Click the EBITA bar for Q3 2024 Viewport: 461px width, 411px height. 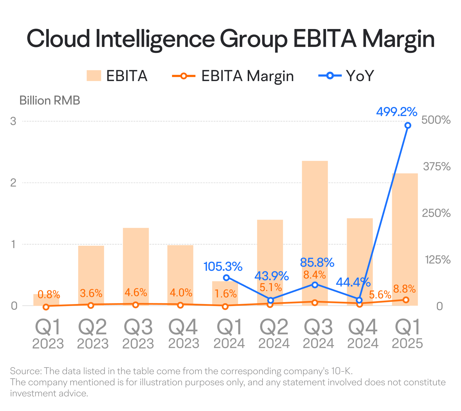click(x=315, y=233)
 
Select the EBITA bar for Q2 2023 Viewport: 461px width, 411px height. click(x=91, y=276)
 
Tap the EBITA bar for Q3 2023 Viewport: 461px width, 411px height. click(x=136, y=267)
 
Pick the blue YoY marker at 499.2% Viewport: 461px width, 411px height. click(x=408, y=125)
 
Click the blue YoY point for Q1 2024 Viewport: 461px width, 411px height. click(x=226, y=278)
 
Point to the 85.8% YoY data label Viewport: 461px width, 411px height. click(x=317, y=263)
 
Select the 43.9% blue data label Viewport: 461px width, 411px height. click(x=272, y=276)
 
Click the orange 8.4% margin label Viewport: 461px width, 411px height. click(x=315, y=275)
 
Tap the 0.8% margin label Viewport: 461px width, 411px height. click(x=49, y=294)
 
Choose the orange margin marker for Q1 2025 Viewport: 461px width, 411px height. click(x=406, y=300)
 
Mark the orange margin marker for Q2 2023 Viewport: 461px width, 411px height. click(x=91, y=305)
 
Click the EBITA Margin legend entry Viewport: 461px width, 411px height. click(x=233, y=76)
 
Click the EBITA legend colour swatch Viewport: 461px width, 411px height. click(x=94, y=76)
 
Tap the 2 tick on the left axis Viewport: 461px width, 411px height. click(x=13, y=183)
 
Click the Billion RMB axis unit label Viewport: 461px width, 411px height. click(x=50, y=100)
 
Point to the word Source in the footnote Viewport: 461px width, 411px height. click(x=26, y=371)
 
